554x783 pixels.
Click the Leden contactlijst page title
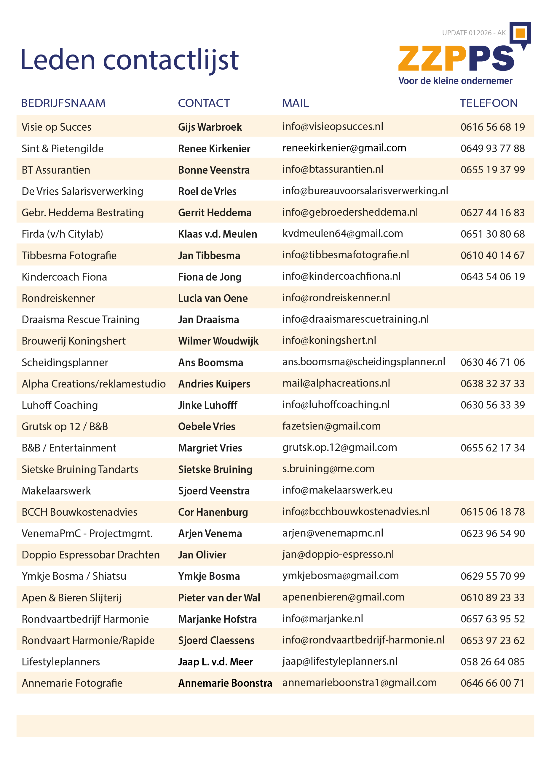pos(129,60)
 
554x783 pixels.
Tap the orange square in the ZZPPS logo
pos(520,33)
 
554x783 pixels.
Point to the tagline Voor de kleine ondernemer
pos(455,81)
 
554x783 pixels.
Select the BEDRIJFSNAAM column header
pos(63,103)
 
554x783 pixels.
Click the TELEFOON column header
pos(488,103)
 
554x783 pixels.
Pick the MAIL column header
pos(296,103)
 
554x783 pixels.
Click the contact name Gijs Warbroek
pos(210,127)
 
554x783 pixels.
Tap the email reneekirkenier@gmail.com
pos(344,148)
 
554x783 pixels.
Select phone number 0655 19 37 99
pos(492,169)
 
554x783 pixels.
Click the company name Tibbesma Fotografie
pos(69,255)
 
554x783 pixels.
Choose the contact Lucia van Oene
pos(213,298)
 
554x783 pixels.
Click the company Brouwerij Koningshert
pos(74,341)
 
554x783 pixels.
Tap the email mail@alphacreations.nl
pos(336,383)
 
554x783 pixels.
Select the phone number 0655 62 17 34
pos(492,448)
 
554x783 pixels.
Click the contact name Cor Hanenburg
pos(213,512)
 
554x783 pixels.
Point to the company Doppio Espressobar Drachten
pos(90,555)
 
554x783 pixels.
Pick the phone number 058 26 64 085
pos(492,662)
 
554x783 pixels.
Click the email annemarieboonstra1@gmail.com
pos(359,682)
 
